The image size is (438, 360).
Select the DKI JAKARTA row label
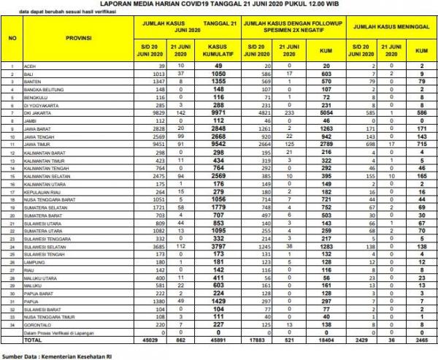tap(37, 114)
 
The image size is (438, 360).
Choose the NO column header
tap(12, 37)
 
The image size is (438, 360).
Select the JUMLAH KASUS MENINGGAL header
tap(391, 28)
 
